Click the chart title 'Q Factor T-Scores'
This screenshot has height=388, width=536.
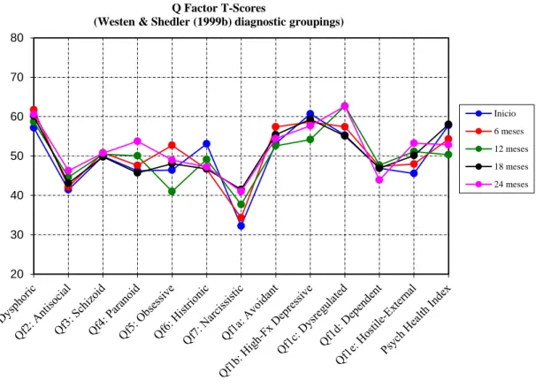click(218, 8)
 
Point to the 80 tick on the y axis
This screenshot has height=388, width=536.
click(17, 38)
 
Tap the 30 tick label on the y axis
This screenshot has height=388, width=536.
click(17, 234)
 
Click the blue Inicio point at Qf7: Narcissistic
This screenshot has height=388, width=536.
click(241, 225)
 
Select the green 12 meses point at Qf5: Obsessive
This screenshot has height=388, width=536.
click(172, 192)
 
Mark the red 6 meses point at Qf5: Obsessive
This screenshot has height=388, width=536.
click(172, 146)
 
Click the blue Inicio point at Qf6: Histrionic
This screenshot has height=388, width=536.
click(206, 144)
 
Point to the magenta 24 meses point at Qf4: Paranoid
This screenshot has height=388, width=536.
click(137, 141)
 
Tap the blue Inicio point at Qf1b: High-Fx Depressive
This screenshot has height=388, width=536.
click(310, 114)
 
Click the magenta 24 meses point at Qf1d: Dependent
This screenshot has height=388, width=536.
click(379, 179)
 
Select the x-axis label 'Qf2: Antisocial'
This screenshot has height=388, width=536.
click(43, 311)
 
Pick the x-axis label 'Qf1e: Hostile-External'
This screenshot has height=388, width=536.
click(376, 323)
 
